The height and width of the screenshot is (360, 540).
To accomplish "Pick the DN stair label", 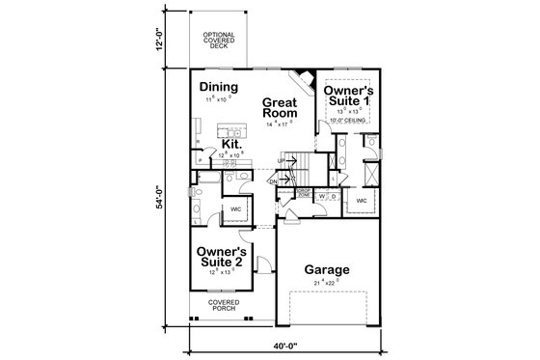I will coord(274,180).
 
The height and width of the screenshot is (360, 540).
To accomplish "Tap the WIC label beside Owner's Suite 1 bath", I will coord(363,201).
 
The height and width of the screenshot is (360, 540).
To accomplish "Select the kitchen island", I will coord(229,128).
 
